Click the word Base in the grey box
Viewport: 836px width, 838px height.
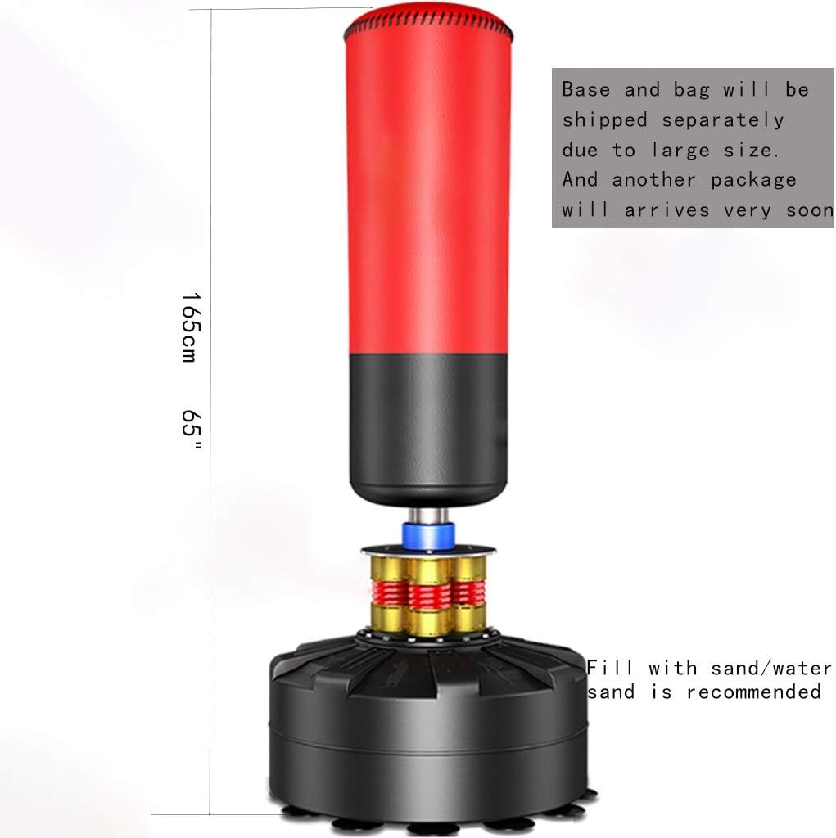click(586, 89)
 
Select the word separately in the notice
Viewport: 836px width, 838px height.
click(723, 119)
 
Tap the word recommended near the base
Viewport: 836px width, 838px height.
click(753, 692)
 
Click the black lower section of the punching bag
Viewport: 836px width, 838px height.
click(428, 426)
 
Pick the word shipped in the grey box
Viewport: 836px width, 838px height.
click(604, 119)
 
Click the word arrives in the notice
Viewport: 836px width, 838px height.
click(667, 209)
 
